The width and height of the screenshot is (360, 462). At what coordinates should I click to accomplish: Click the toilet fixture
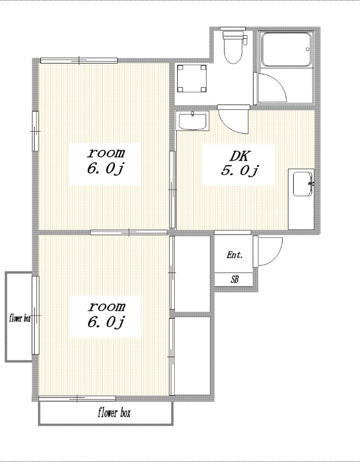tap(235, 47)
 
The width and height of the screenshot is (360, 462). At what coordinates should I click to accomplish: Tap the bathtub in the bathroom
tap(286, 50)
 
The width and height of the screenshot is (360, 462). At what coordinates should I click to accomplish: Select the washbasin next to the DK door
tap(192, 121)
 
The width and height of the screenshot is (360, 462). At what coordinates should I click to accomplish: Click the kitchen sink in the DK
tap(303, 184)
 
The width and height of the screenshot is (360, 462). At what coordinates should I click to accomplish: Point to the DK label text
tap(239, 156)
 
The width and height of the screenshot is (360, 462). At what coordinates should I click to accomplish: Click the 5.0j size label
tap(239, 170)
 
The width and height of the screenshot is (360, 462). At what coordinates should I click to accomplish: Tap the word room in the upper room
tap(106, 153)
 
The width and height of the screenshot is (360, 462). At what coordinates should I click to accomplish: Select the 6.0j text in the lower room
tap(106, 322)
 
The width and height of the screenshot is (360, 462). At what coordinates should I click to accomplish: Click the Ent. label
tap(235, 255)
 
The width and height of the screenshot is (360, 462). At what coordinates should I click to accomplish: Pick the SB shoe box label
tap(235, 280)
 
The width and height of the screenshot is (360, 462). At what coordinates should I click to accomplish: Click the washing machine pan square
tap(192, 79)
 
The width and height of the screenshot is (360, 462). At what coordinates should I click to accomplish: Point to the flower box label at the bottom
tap(114, 413)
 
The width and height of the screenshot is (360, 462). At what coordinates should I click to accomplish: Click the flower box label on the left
tap(20, 318)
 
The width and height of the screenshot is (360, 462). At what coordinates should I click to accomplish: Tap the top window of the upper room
tap(79, 61)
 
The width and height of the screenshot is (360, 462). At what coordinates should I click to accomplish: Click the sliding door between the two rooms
tap(129, 233)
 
